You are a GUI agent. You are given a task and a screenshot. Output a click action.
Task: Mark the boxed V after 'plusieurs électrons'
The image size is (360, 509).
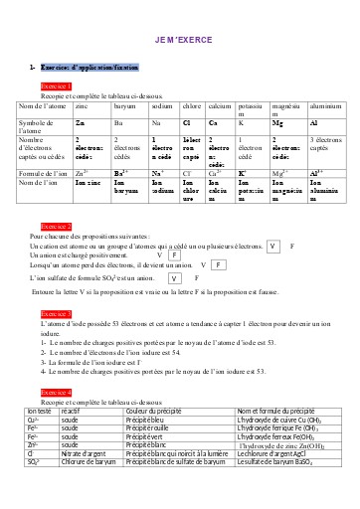coord(274,245)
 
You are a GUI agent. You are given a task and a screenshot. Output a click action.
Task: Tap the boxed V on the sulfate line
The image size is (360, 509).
coord(175,279)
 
